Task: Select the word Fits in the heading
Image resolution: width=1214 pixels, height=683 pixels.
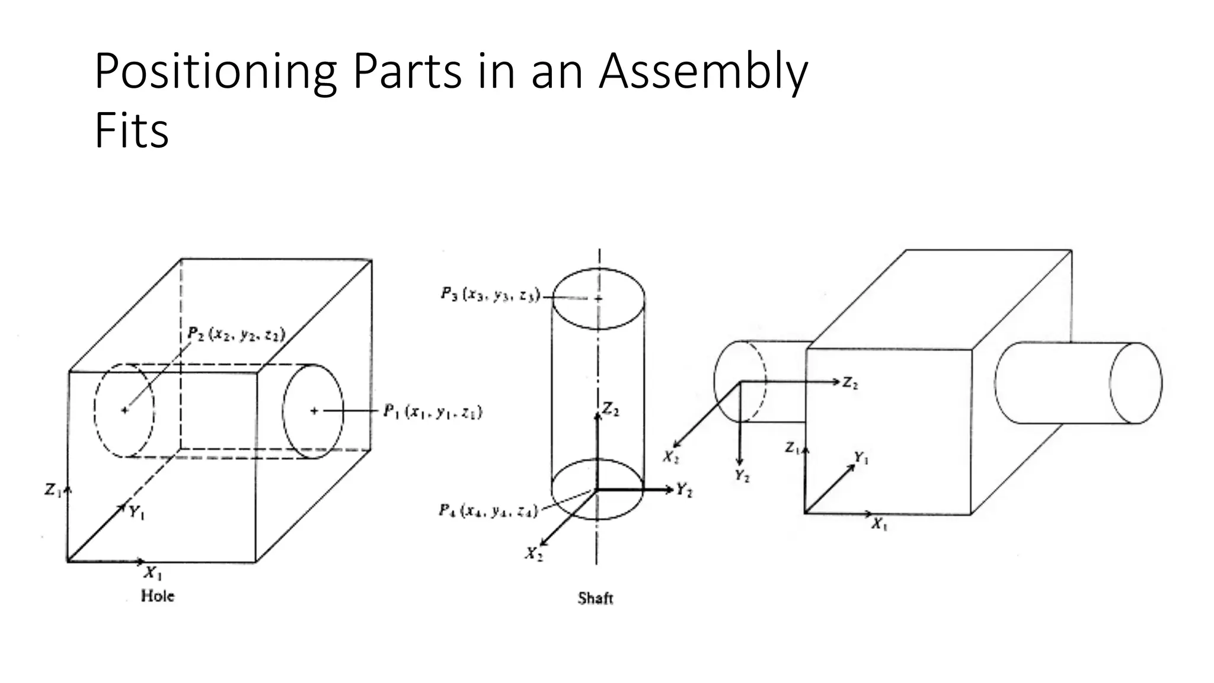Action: pyautogui.click(x=132, y=131)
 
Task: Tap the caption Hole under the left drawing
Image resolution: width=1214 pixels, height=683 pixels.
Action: pyautogui.click(x=158, y=596)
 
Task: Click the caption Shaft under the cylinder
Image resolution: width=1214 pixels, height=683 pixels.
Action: pyautogui.click(x=595, y=598)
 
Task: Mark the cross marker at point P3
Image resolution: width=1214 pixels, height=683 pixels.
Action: pyautogui.click(x=598, y=298)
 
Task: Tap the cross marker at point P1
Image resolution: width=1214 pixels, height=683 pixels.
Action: pyautogui.click(x=314, y=410)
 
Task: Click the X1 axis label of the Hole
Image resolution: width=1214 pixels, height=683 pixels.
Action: pyautogui.click(x=153, y=573)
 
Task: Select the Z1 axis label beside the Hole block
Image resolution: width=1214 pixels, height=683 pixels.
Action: pyautogui.click(x=53, y=490)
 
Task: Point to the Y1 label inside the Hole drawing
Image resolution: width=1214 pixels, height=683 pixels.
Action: pyautogui.click(x=137, y=513)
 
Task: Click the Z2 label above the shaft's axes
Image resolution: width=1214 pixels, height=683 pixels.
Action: pyautogui.click(x=611, y=409)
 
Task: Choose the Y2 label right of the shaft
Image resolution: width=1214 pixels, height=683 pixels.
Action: pyautogui.click(x=685, y=490)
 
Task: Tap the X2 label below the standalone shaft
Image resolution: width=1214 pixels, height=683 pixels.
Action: pyautogui.click(x=533, y=554)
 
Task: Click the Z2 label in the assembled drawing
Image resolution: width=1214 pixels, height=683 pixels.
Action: pyautogui.click(x=850, y=384)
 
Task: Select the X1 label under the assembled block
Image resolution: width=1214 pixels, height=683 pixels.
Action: pyautogui.click(x=879, y=524)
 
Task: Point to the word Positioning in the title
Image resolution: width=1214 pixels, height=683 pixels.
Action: pyautogui.click(x=215, y=72)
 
